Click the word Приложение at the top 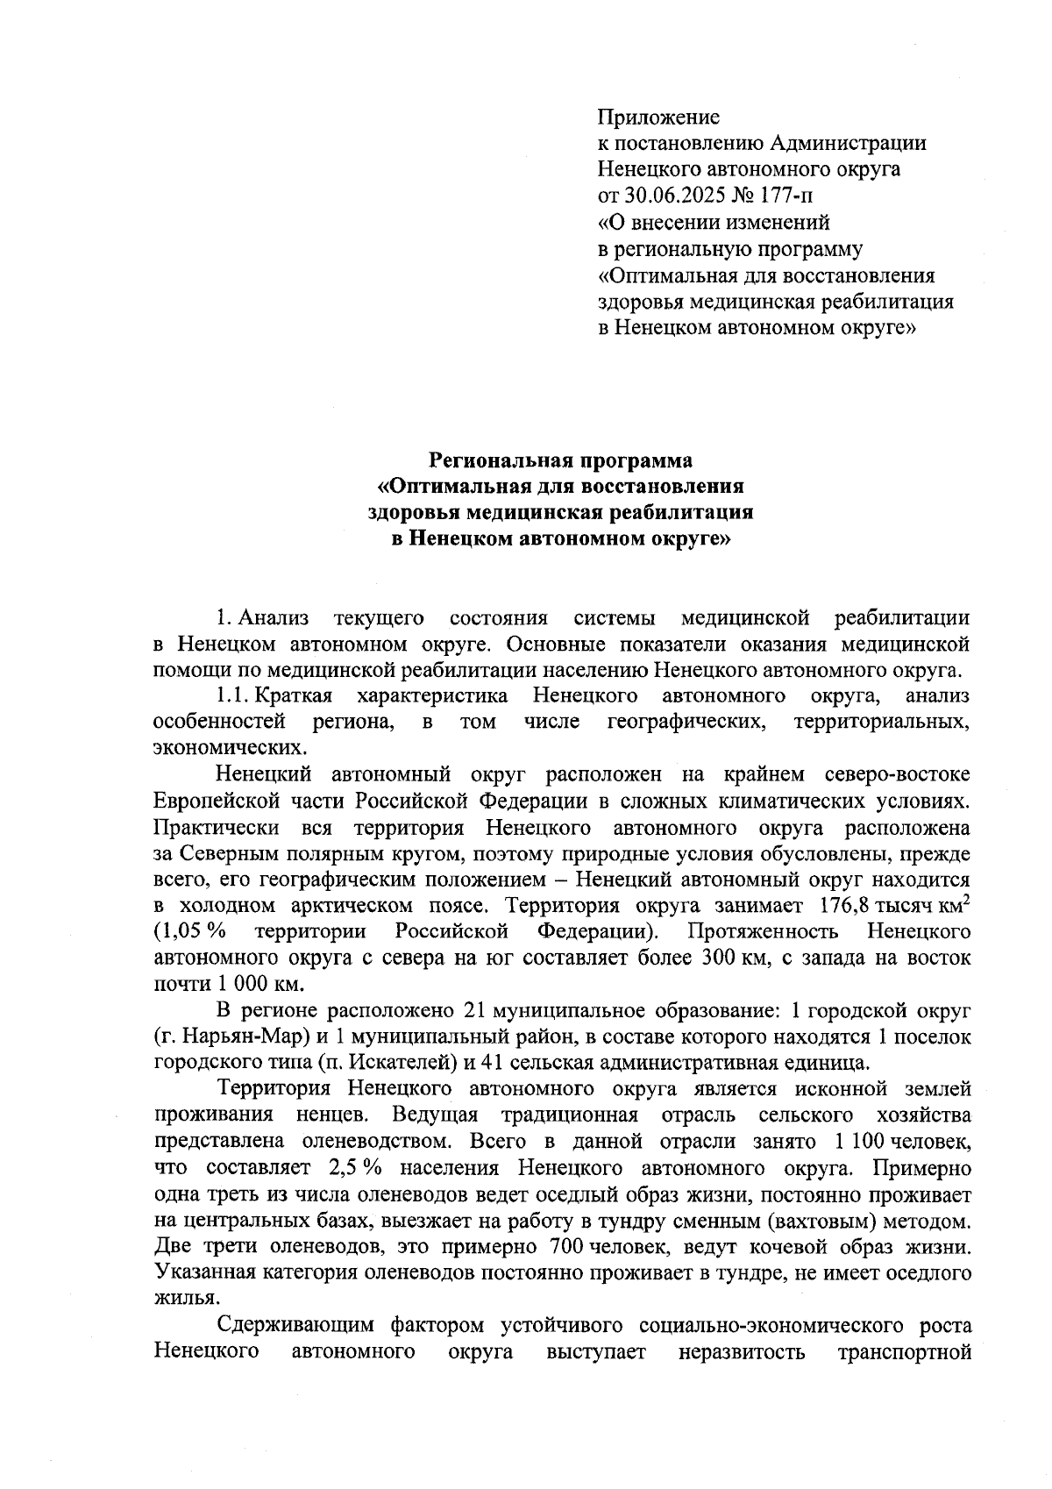(658, 117)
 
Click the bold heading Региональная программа (559, 460)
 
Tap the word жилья (182, 1299)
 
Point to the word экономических (230, 749)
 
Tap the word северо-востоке (898, 775)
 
